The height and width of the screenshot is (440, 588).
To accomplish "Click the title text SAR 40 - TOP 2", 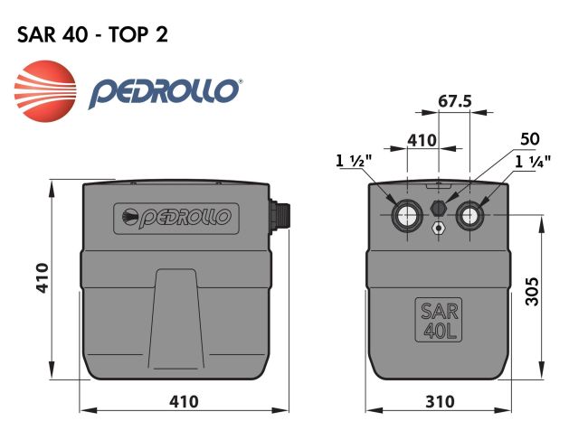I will [91, 34].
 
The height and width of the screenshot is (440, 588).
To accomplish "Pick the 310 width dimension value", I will [439, 400].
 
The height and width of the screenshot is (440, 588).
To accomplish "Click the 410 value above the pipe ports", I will [422, 140].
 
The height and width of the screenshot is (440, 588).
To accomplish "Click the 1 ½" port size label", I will [353, 163].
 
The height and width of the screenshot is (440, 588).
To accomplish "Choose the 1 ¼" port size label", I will [533, 163].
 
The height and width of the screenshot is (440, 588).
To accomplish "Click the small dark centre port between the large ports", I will [439, 208].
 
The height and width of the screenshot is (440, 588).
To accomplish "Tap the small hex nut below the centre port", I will [439, 228].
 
